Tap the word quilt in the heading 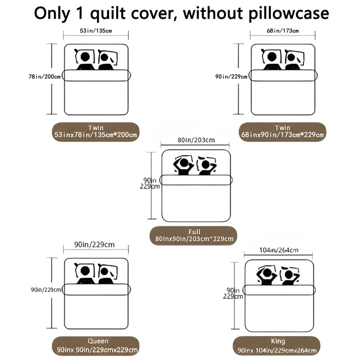coord(121,13)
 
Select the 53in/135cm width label coord(96,31)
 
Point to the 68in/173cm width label coord(282,31)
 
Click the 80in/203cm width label coord(196,140)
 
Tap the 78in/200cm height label coord(44,76)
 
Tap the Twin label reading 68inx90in coord(282,131)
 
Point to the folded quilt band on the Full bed coord(197,180)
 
